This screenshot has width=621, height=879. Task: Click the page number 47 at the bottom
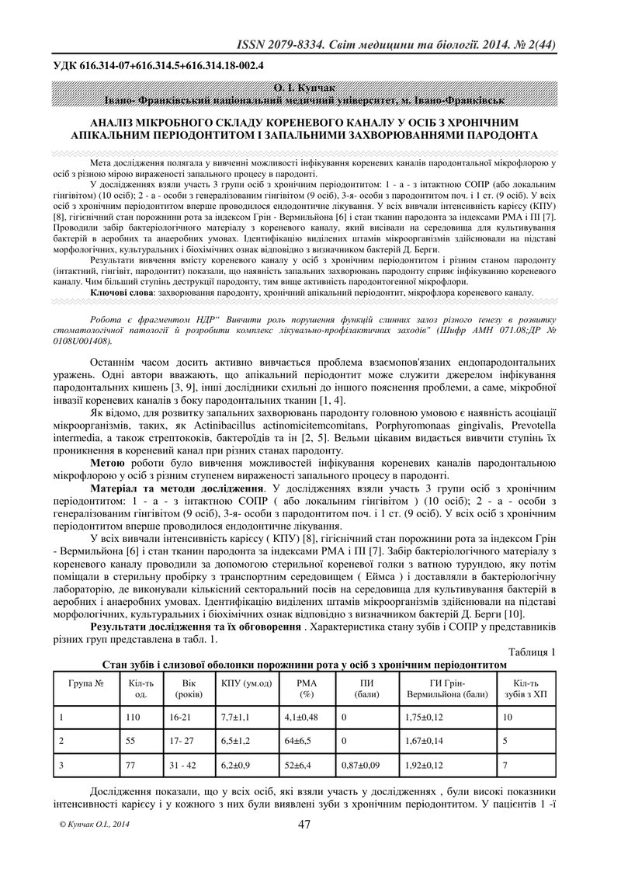tap(304, 825)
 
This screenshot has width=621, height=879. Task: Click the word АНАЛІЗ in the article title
tap(115, 122)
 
